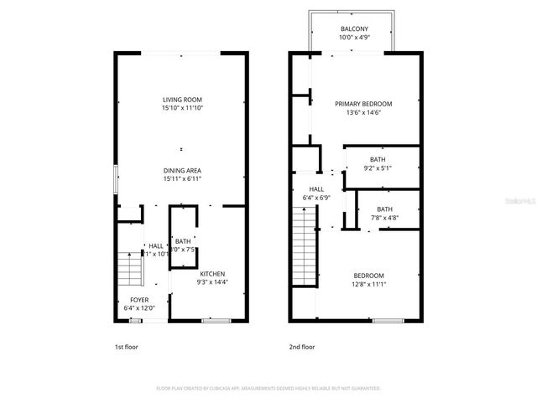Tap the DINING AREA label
[x=183, y=170]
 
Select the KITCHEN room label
[x=211, y=274]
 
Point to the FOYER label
[x=139, y=299]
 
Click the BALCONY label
[x=353, y=28]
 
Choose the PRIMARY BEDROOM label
[x=363, y=104]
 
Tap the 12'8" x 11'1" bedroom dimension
[x=368, y=284]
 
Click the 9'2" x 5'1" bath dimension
[x=378, y=167]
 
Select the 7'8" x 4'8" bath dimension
[x=384, y=218]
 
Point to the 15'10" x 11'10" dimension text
[x=183, y=108]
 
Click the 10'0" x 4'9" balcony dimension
[x=353, y=37]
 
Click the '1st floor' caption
[x=126, y=346]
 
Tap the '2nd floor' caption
[x=301, y=346]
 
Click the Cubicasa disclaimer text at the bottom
[x=268, y=389]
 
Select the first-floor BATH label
[x=183, y=241]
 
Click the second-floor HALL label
[x=316, y=189]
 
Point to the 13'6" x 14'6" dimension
[x=363, y=112]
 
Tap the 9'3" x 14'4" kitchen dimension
[x=211, y=282]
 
